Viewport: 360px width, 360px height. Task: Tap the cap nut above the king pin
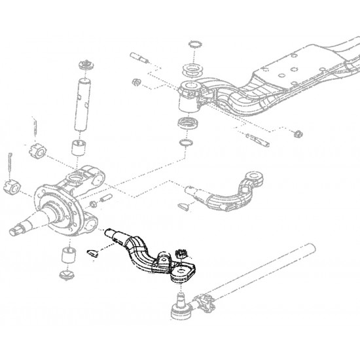(84, 65)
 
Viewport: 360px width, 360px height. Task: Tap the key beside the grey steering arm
(185, 205)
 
